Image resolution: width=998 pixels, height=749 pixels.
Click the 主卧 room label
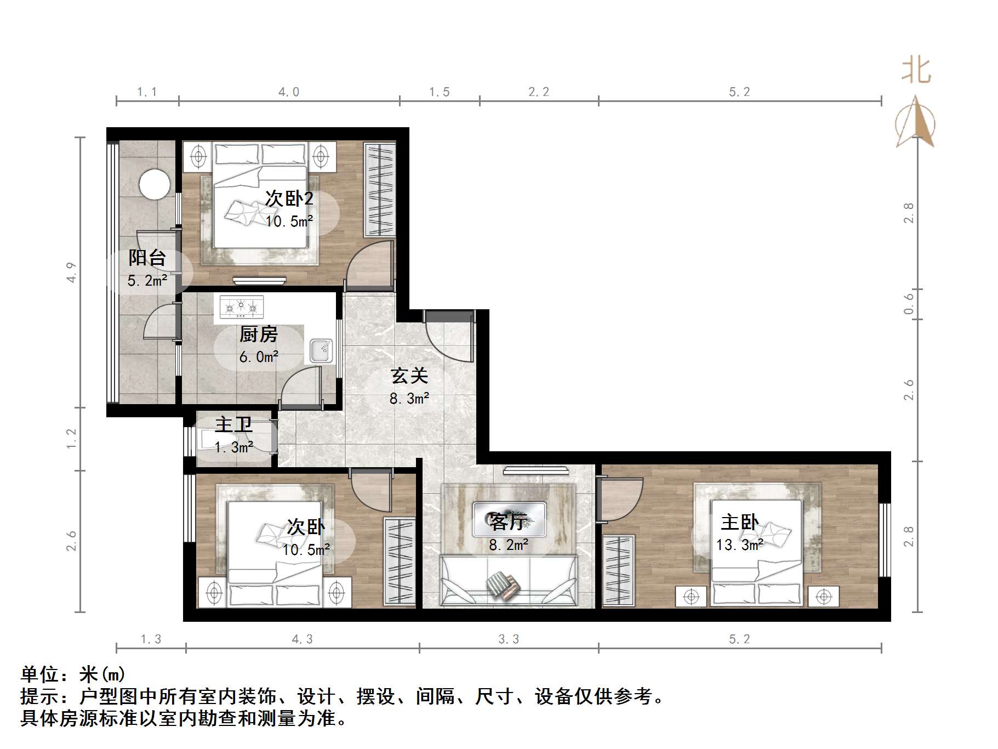(739, 522)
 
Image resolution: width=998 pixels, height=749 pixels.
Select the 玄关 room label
(409, 376)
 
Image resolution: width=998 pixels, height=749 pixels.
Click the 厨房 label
(259, 334)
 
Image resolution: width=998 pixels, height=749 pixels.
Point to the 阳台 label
(147, 258)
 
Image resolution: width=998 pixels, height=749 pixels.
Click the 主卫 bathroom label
(233, 424)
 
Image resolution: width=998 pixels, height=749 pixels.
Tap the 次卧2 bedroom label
(289, 198)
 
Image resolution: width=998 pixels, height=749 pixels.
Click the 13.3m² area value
(739, 545)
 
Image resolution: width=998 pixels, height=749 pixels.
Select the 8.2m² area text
(509, 544)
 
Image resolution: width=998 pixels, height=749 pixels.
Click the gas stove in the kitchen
(241, 307)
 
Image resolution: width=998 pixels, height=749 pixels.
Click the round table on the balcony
(155, 184)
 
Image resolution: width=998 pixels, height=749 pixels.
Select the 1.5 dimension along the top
(439, 92)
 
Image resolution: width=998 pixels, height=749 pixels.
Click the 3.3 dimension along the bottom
(509, 639)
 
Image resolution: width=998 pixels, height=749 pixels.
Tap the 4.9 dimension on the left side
(71, 273)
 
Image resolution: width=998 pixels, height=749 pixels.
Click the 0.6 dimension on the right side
(908, 303)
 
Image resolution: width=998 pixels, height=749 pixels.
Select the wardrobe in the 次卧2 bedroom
(380, 190)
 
